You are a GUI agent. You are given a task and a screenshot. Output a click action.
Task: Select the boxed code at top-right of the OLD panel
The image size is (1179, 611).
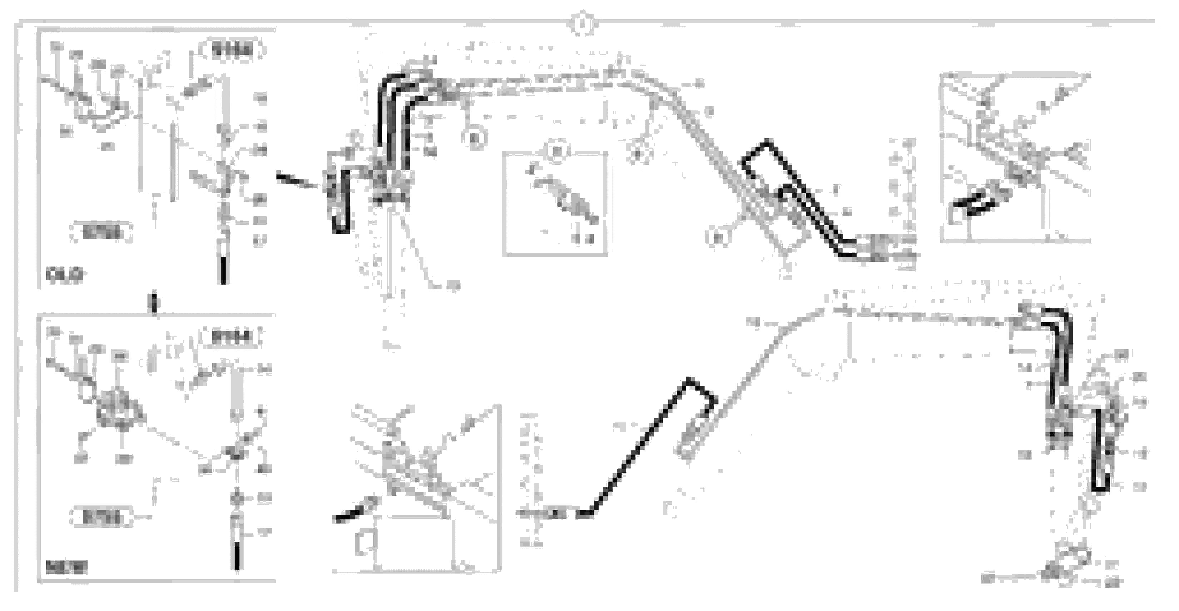pos(232,50)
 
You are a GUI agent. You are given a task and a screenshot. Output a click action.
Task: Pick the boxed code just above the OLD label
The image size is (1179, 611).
pos(101,233)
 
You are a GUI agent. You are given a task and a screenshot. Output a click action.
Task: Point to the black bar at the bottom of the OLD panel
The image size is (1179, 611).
pos(223,270)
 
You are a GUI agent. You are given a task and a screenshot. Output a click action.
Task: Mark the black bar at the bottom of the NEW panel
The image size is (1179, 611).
pos(237,555)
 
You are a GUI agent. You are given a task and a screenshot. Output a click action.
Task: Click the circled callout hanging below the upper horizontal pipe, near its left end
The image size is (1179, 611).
pos(474,137)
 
